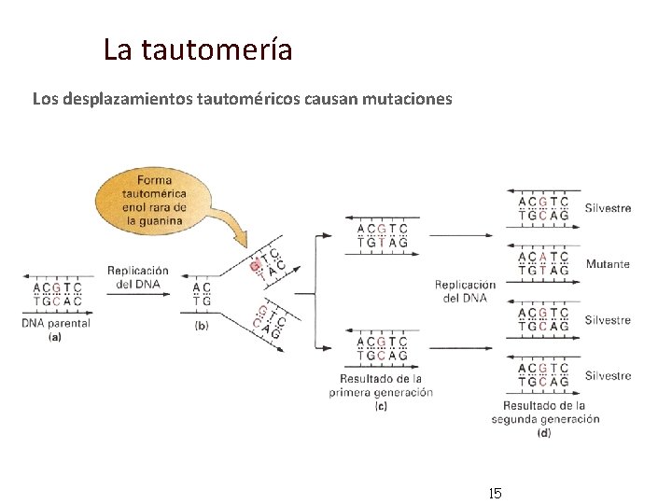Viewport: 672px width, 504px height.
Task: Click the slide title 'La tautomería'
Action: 198,49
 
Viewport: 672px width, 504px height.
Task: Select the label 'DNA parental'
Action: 56,323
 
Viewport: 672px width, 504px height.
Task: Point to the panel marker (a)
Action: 55,337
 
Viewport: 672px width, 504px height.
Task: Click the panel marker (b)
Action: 202,325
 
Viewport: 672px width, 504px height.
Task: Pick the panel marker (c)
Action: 381,406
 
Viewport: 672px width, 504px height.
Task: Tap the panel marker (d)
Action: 544,432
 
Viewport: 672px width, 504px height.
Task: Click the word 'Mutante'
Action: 608,264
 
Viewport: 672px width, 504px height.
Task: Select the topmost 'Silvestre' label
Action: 608,208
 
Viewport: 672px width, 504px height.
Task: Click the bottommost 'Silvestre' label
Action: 608,376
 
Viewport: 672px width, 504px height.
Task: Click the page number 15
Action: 495,492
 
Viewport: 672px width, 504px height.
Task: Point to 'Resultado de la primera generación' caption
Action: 381,385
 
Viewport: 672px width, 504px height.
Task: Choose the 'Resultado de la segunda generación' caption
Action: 545,413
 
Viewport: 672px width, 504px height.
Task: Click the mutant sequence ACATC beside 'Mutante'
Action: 543,257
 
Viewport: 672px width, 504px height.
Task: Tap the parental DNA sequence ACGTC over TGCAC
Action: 57,294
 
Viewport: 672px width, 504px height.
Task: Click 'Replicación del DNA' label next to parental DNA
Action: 138,277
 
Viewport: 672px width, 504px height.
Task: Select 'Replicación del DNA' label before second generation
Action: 466,291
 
